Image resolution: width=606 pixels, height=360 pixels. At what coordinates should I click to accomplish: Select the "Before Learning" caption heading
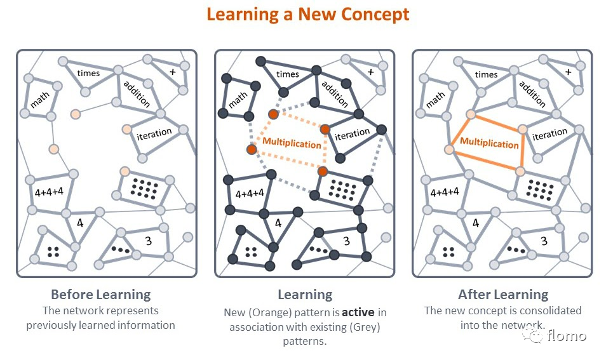[x=100, y=295]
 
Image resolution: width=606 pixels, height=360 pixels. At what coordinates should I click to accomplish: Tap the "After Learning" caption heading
[x=502, y=295]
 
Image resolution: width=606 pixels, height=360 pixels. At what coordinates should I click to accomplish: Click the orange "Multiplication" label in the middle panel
[x=292, y=143]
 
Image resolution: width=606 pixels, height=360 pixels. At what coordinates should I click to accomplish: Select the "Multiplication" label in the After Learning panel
[x=489, y=143]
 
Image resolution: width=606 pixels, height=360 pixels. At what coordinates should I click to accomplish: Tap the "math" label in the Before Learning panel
[x=40, y=100]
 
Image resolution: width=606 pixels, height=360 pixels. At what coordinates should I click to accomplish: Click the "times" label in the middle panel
[x=287, y=74]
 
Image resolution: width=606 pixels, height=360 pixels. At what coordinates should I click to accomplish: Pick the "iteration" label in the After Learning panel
[x=550, y=134]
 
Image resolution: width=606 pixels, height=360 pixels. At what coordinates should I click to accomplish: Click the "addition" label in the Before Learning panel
[x=137, y=93]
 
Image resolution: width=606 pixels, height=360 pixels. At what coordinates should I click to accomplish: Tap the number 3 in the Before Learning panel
[x=148, y=241]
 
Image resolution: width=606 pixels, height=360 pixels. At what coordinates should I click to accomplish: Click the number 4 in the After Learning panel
[x=476, y=223]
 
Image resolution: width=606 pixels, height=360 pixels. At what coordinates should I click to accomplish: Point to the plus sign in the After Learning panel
[x=568, y=72]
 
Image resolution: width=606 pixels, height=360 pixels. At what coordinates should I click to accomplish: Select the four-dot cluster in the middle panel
[x=251, y=251]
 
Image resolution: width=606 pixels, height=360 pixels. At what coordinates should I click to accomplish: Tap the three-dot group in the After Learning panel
[x=517, y=250]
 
